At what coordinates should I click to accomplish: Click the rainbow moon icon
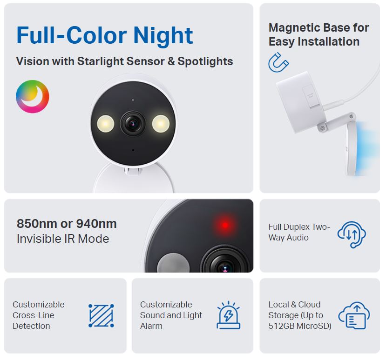click(32, 97)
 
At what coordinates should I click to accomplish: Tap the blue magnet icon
click(278, 63)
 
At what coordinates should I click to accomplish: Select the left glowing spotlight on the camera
click(105, 123)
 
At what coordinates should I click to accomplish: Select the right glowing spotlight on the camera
click(161, 123)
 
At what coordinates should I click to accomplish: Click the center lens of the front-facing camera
click(133, 123)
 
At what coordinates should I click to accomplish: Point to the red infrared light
click(225, 226)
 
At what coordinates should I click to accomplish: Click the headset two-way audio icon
click(352, 234)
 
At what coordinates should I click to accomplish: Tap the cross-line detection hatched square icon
click(102, 316)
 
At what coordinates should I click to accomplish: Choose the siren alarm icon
click(229, 315)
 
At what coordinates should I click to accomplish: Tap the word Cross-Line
click(34, 315)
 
